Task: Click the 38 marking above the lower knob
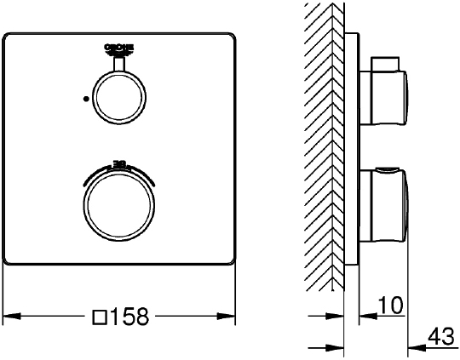118,161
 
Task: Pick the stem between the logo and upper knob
118,65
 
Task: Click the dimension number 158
130,317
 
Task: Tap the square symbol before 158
98,317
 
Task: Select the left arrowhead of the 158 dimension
9,317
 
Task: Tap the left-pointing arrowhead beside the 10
363,317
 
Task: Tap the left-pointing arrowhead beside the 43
414,346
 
